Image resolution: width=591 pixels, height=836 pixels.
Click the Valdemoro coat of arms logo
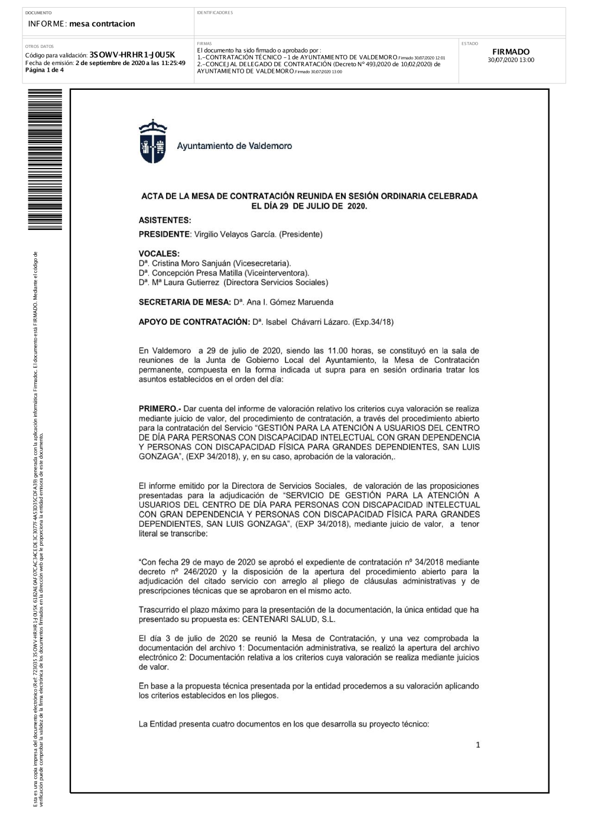coord(152,142)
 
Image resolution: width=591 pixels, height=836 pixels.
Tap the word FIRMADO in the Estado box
coord(511,52)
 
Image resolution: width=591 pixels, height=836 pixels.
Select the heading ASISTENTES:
coord(165,221)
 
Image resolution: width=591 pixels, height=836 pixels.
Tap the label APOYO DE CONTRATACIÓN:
coord(194,322)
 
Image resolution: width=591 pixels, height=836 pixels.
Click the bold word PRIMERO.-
coord(160,409)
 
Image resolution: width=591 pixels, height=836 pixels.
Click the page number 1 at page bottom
coord(478,746)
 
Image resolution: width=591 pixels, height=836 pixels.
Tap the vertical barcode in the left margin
coord(44,162)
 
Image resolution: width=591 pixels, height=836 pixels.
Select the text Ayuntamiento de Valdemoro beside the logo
coord(234,146)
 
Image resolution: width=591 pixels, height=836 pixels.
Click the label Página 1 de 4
coord(44,70)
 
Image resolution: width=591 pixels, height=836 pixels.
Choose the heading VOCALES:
coord(159,254)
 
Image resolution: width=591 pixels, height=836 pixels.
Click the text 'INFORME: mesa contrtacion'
coord(82,24)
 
